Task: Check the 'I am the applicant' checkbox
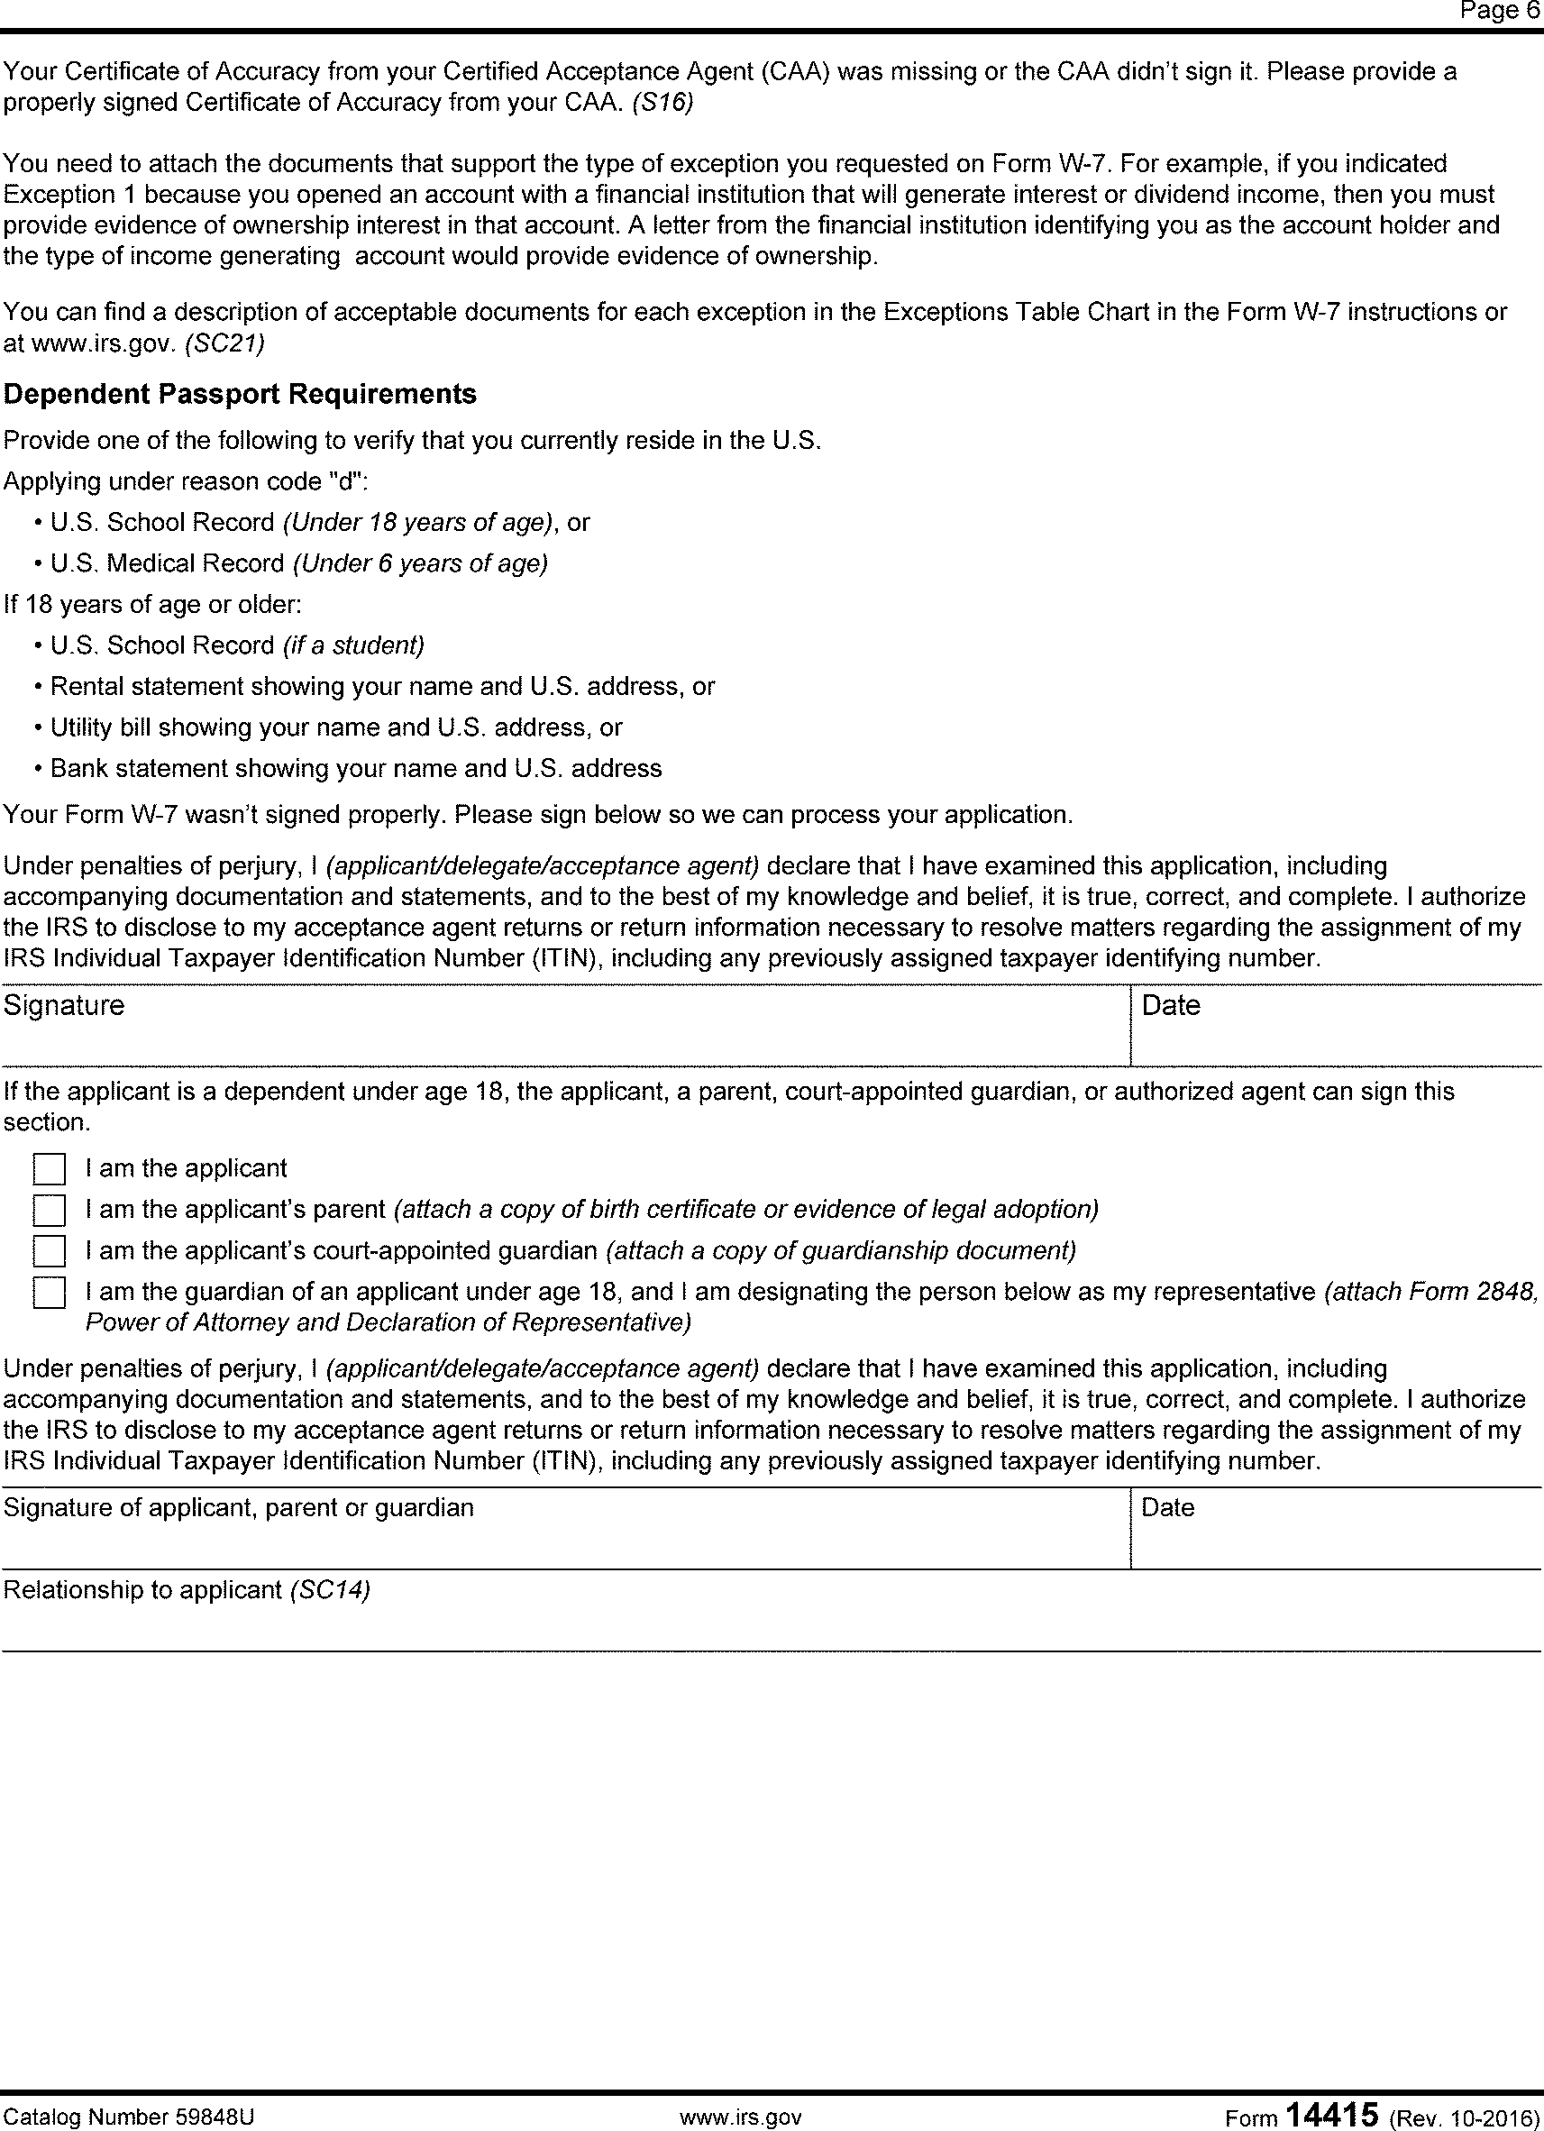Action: (49, 1170)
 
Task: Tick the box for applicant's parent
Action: (49, 1212)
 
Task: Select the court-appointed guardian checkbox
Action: (49, 1252)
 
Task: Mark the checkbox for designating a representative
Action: (49, 1294)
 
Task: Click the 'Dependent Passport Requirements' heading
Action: (241, 395)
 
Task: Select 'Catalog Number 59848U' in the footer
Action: (129, 2117)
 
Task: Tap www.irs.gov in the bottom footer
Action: (741, 2117)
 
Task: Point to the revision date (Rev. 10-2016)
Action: (1464, 2117)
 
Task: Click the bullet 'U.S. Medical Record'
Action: (168, 563)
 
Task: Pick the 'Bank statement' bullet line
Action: (356, 770)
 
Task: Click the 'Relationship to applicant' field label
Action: (142, 1590)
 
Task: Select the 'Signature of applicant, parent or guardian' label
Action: (239, 1508)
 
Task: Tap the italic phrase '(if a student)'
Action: (353, 646)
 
